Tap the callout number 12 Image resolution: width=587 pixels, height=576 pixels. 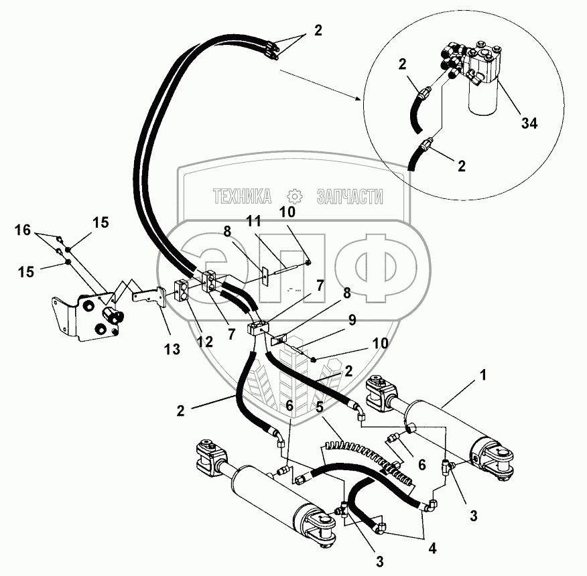tap(205, 341)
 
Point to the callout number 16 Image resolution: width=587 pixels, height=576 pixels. tap(22, 230)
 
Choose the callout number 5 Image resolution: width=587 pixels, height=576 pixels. tap(320, 406)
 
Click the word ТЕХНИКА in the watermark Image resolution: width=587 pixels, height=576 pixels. tap(242, 196)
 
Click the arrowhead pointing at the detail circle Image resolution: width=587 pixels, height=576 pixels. tap(360, 98)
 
